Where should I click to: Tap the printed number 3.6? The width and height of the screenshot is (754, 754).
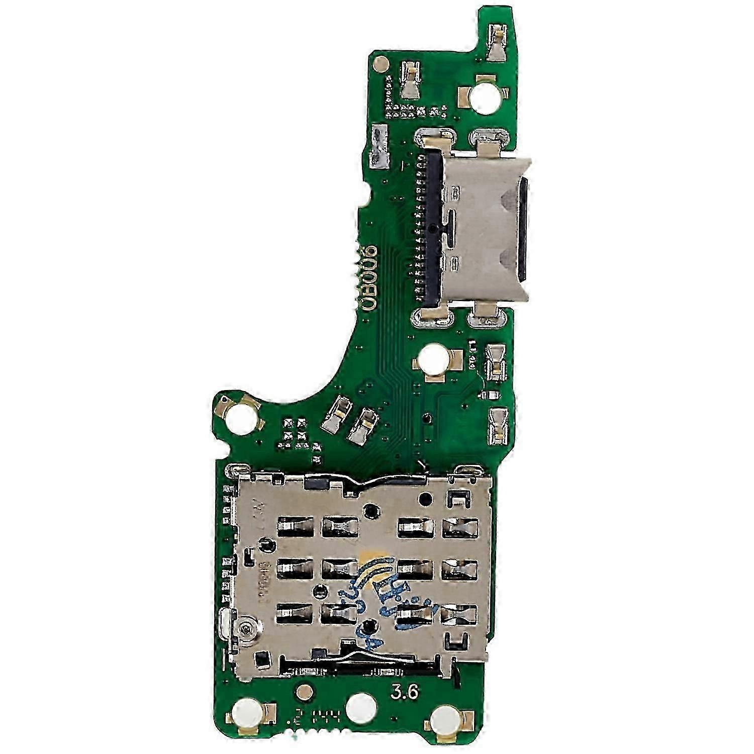[406, 693]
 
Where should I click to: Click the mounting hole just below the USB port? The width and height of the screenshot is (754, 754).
[430, 360]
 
